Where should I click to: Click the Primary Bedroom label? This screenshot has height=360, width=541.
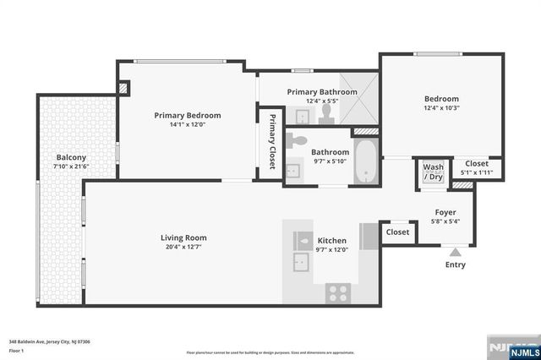[x=187, y=115]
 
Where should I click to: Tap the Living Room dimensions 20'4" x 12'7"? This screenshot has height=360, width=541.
[x=183, y=248]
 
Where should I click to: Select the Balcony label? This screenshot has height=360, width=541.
[x=71, y=157]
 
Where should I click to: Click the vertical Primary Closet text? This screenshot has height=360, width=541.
[x=272, y=140]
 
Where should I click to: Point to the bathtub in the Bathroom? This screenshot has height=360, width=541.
[x=364, y=162]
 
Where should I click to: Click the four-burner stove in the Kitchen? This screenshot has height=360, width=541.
[x=338, y=292]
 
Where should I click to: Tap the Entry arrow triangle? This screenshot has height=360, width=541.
[x=455, y=250]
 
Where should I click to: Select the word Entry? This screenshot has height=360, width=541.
[x=455, y=265]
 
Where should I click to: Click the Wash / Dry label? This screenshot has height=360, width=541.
[x=433, y=172]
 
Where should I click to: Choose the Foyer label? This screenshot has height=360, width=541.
[x=445, y=212]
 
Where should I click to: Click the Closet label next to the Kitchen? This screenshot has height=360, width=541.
[x=397, y=232]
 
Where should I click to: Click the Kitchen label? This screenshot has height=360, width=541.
[x=331, y=240]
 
